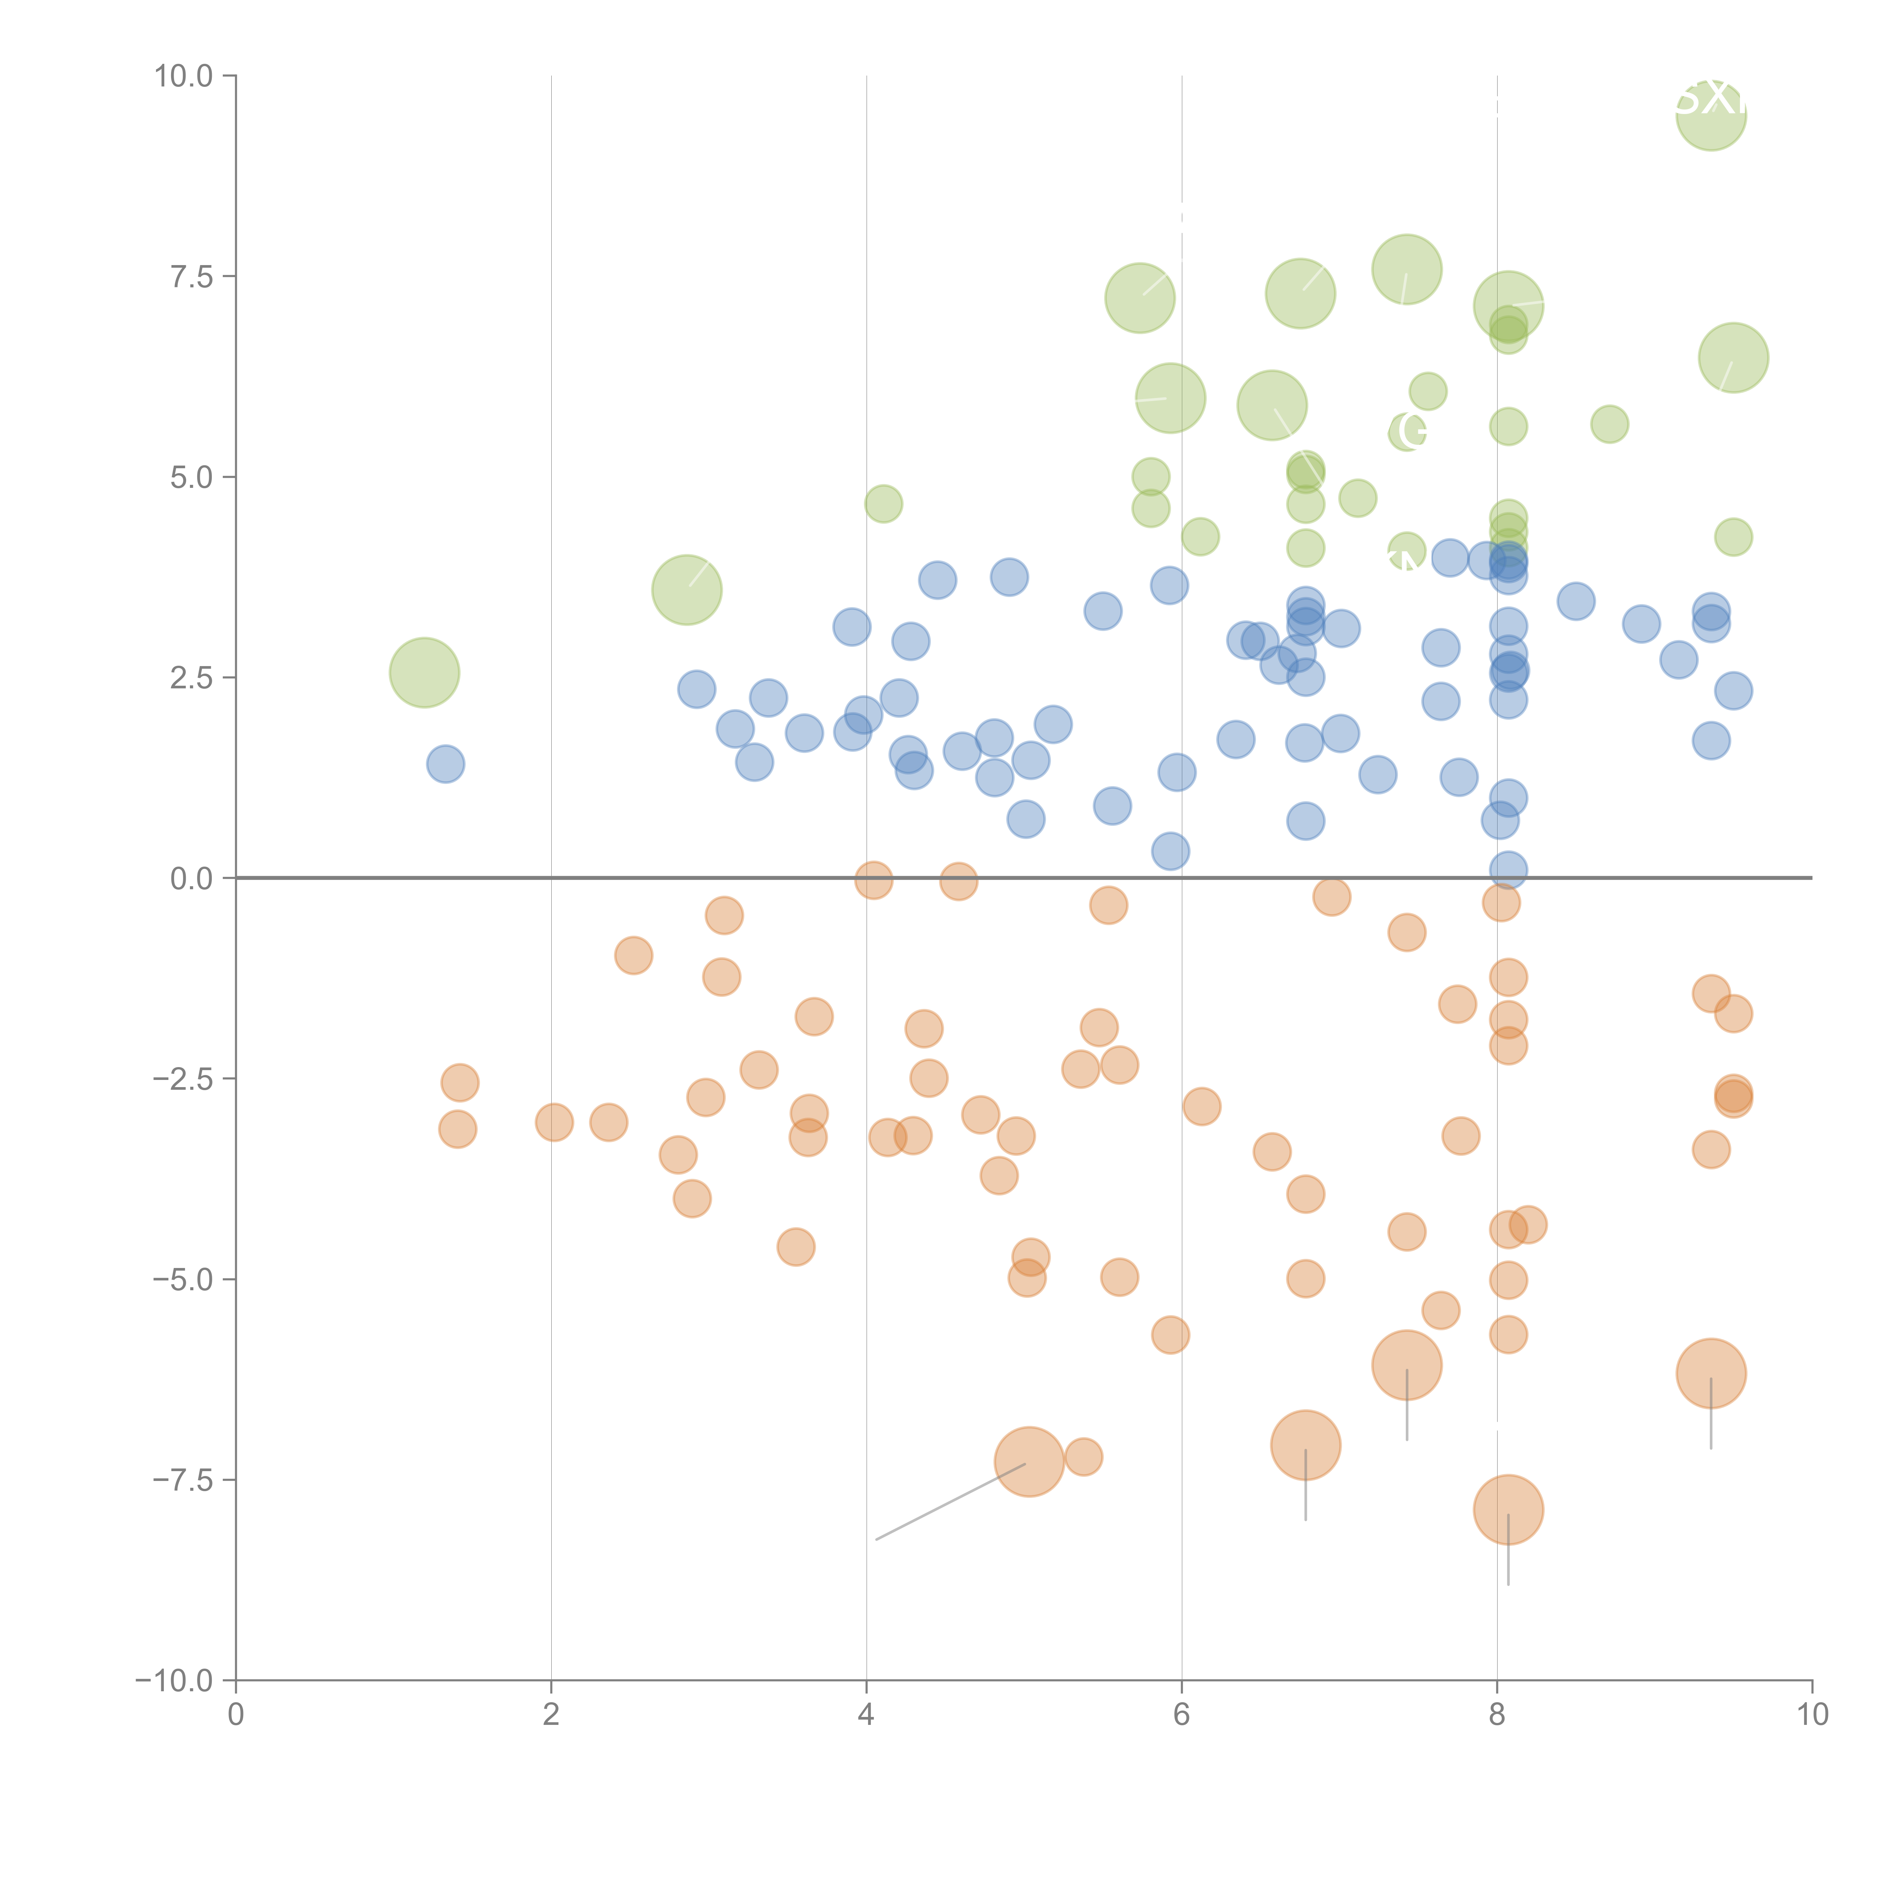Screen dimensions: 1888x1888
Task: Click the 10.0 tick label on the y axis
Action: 184,76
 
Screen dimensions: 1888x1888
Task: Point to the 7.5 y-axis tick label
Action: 191,276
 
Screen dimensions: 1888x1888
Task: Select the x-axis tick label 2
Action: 551,1715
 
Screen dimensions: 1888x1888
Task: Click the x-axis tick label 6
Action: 1182,1715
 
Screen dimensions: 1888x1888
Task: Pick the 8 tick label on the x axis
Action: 1497,1715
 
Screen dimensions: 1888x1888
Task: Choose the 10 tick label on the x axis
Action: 1812,1715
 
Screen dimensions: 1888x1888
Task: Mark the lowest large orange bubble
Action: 1508,1510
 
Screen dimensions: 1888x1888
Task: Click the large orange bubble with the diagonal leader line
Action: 1029,1462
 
